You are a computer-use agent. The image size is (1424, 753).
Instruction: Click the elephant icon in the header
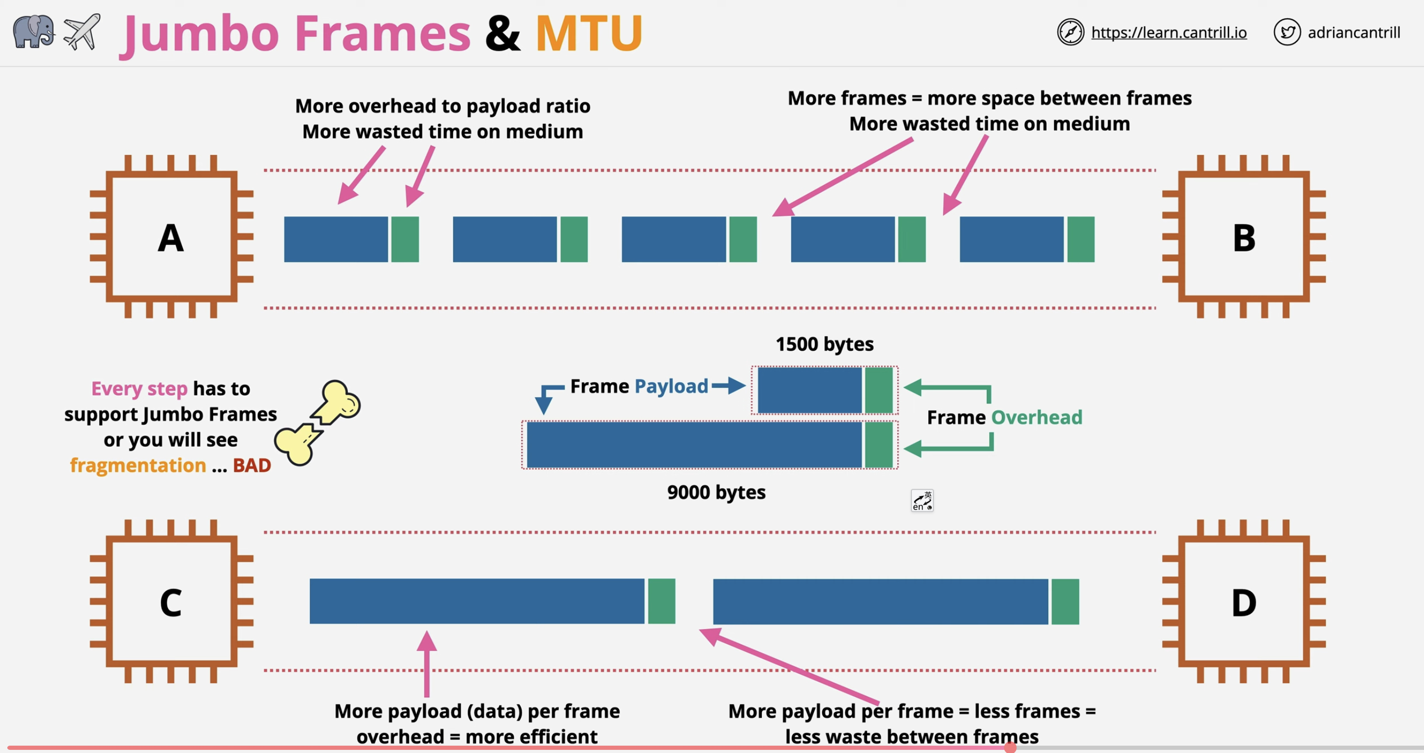click(33, 32)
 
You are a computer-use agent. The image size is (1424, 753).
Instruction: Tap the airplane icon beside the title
click(82, 32)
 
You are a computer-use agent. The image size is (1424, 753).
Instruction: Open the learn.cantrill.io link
click(1168, 33)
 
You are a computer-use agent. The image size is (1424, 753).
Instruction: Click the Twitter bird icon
click(1287, 32)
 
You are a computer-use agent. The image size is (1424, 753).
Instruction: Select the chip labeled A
click(172, 237)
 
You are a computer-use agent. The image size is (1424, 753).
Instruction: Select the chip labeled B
click(1244, 237)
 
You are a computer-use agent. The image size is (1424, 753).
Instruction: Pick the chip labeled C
click(172, 601)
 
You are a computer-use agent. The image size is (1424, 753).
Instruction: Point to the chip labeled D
click(1244, 601)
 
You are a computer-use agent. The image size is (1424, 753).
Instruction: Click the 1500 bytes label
click(824, 344)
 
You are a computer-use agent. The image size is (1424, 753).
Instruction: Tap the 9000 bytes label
click(716, 492)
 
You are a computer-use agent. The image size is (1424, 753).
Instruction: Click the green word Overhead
click(1036, 417)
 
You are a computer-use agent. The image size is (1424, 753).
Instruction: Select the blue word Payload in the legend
click(671, 386)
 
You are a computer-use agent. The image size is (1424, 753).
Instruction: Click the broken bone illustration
click(318, 423)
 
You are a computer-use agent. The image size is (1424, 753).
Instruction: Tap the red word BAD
click(252, 465)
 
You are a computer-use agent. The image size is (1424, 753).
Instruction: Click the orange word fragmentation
click(137, 465)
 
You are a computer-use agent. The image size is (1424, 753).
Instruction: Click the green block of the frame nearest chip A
click(405, 239)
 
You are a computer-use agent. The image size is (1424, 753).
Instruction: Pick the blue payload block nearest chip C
click(476, 601)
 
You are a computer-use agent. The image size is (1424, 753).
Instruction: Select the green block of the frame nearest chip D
click(1065, 601)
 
